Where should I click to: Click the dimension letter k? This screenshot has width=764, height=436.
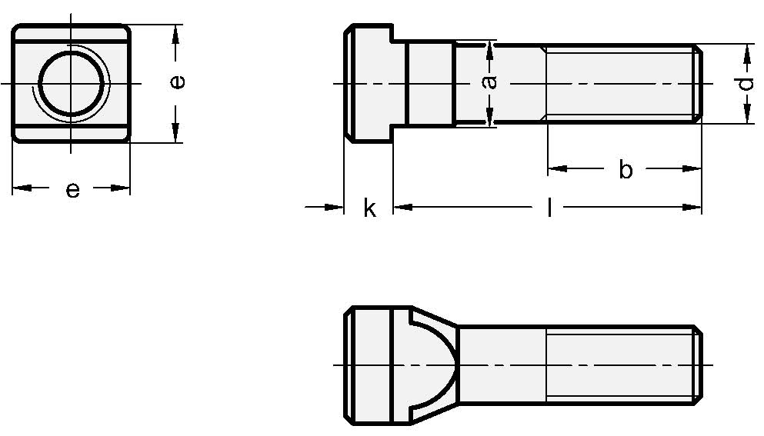pyautogui.click(x=369, y=208)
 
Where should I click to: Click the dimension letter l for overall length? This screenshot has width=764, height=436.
pyautogui.click(x=549, y=207)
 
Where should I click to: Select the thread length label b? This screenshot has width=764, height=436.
pyautogui.click(x=626, y=170)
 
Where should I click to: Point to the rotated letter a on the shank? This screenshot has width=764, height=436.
pyautogui.click(x=489, y=82)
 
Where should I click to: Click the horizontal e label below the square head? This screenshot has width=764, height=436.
pyautogui.click(x=72, y=189)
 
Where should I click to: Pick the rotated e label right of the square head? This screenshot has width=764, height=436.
pyautogui.click(x=176, y=82)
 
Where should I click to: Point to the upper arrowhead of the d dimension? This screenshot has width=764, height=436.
pyautogui.click(x=746, y=54)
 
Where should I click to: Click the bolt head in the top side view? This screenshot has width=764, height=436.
pyautogui.click(x=368, y=83)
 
